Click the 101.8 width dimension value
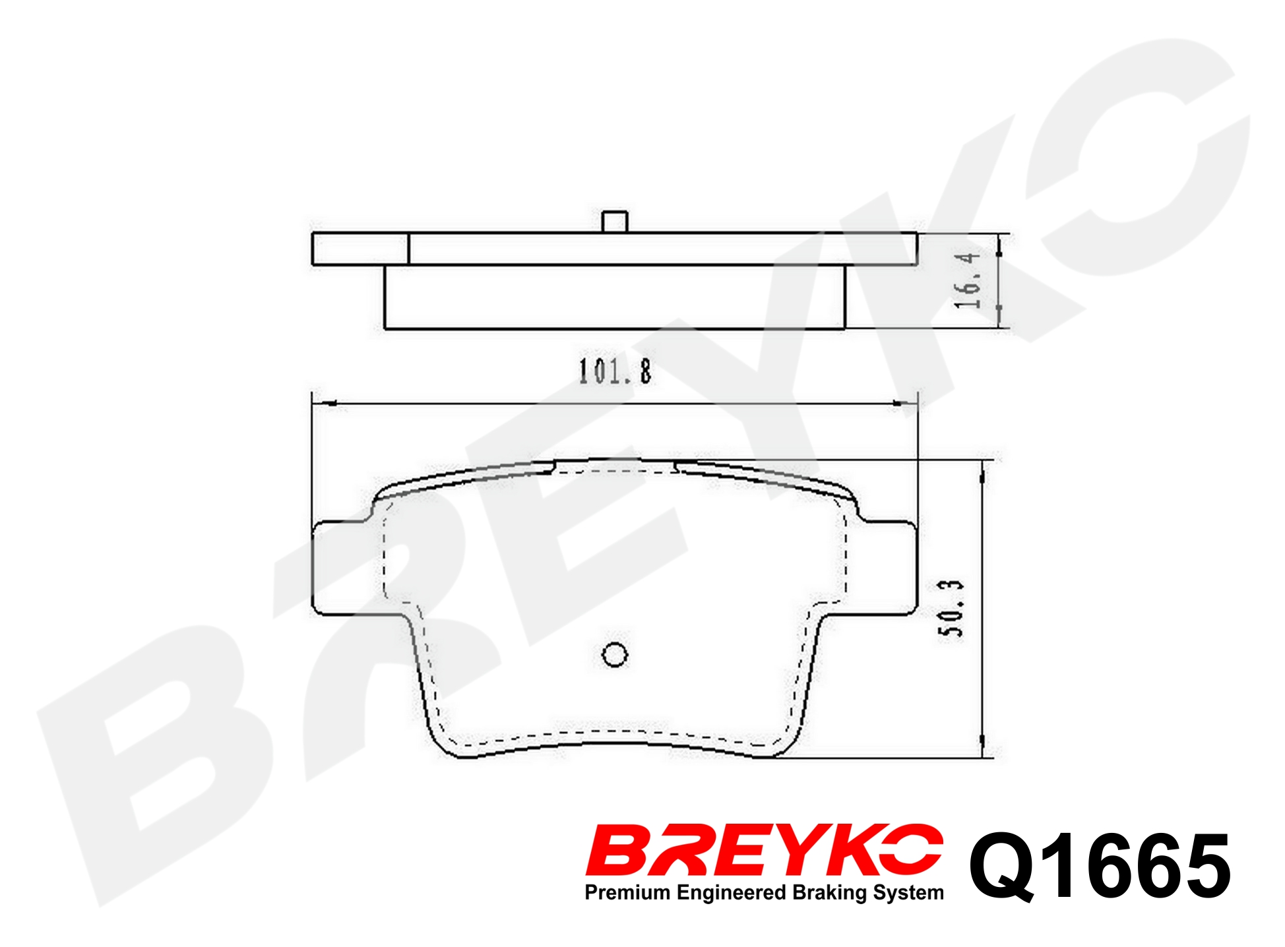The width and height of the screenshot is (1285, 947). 615,371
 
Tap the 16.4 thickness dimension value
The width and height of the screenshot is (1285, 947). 968,280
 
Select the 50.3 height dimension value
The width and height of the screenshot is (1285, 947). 951,609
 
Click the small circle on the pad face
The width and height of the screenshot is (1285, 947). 615,655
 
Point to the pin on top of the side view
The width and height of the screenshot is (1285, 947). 615,222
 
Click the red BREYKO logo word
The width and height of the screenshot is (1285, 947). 764,850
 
